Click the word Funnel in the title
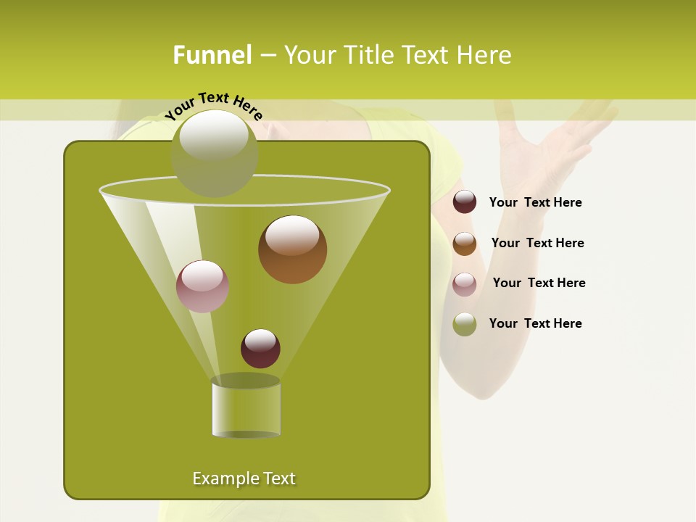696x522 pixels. tap(212, 55)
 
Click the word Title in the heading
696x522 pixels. tap(368, 55)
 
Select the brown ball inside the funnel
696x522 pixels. tap(292, 249)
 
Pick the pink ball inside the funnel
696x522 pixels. tap(202, 286)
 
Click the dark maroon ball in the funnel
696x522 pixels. tap(260, 348)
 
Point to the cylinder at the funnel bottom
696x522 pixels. tap(246, 407)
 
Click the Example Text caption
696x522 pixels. tap(244, 478)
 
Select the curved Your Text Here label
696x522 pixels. tap(213, 105)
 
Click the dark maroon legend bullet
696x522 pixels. tap(465, 202)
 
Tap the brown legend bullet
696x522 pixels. tap(465, 244)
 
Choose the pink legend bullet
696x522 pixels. tap(465, 284)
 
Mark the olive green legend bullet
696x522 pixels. tap(465, 324)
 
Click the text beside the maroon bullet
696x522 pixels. tap(535, 202)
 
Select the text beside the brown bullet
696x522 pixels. tap(537, 243)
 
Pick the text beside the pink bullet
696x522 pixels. tap(539, 283)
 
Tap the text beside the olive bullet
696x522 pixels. tap(535, 323)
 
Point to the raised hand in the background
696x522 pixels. tap(551, 145)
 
